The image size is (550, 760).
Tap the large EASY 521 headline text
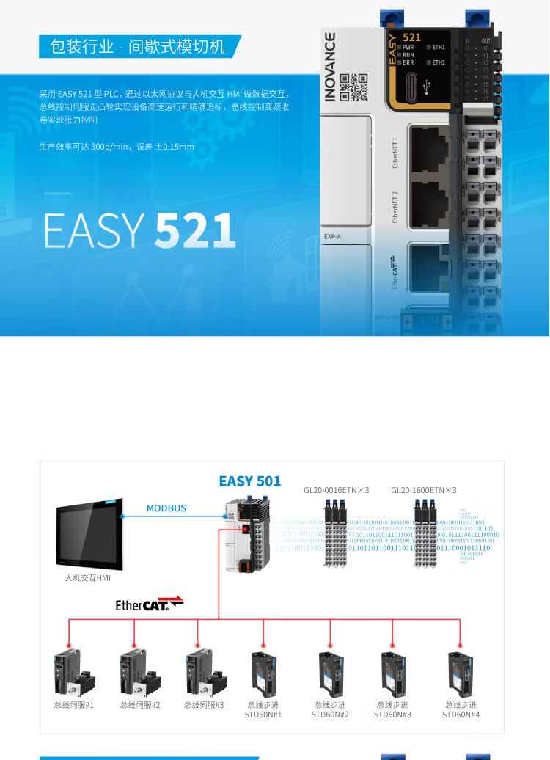pyautogui.click(x=139, y=230)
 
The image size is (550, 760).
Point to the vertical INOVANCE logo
pyautogui.click(x=331, y=66)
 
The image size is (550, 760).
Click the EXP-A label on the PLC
pyautogui.click(x=333, y=236)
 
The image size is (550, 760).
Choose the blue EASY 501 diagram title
pyautogui.click(x=250, y=481)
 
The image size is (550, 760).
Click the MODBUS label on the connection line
pyautogui.click(x=166, y=508)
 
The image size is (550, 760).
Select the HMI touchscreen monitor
pyautogui.click(x=89, y=534)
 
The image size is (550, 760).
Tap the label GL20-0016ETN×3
pyautogui.click(x=337, y=489)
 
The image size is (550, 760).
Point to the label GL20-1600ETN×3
pyautogui.click(x=424, y=489)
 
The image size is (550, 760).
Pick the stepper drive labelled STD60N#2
pyautogui.click(x=330, y=673)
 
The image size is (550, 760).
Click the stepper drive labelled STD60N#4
pyautogui.click(x=461, y=673)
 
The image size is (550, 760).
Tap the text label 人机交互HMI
pyautogui.click(x=88, y=578)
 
